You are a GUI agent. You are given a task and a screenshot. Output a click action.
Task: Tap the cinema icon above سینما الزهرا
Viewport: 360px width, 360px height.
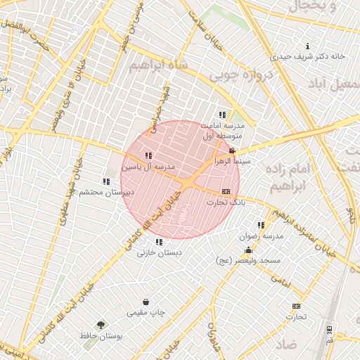(232, 151)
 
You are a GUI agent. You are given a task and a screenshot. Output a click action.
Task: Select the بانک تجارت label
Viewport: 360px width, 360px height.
(226, 202)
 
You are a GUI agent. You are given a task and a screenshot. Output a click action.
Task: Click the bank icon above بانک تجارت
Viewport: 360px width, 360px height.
(226, 191)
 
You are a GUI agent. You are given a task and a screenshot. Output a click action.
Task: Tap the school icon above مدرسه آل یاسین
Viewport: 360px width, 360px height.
(148, 155)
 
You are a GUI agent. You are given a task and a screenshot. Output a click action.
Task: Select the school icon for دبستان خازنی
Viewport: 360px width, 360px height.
(158, 241)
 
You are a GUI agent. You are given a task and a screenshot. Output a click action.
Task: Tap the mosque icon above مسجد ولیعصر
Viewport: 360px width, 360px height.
(248, 250)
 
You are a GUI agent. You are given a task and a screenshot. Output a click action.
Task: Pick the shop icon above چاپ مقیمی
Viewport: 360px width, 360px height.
(146, 302)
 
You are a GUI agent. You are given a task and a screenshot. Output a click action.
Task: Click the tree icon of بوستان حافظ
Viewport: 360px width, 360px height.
(101, 326)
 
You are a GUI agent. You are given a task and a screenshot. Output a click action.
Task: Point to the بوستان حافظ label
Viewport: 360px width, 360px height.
(101, 337)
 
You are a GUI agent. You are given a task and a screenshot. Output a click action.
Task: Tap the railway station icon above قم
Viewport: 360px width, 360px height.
(329, 329)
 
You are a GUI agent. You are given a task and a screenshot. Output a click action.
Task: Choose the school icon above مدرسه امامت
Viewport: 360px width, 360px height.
(222, 115)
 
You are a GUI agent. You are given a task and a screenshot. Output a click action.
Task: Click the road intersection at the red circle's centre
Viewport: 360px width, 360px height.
(181, 181)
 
